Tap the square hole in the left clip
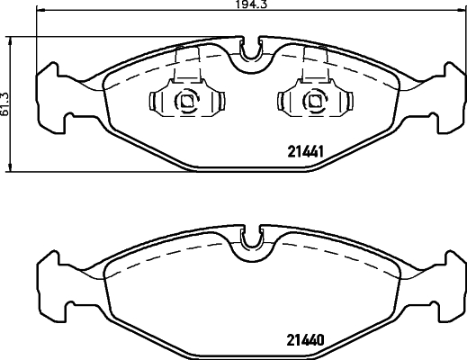click(x=187, y=101)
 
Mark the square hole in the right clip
click(x=313, y=101)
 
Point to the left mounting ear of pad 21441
click(x=50, y=94)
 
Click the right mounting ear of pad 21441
click(x=450, y=94)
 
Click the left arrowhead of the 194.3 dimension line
click(x=40, y=12)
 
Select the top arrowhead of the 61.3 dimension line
click(x=11, y=39)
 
